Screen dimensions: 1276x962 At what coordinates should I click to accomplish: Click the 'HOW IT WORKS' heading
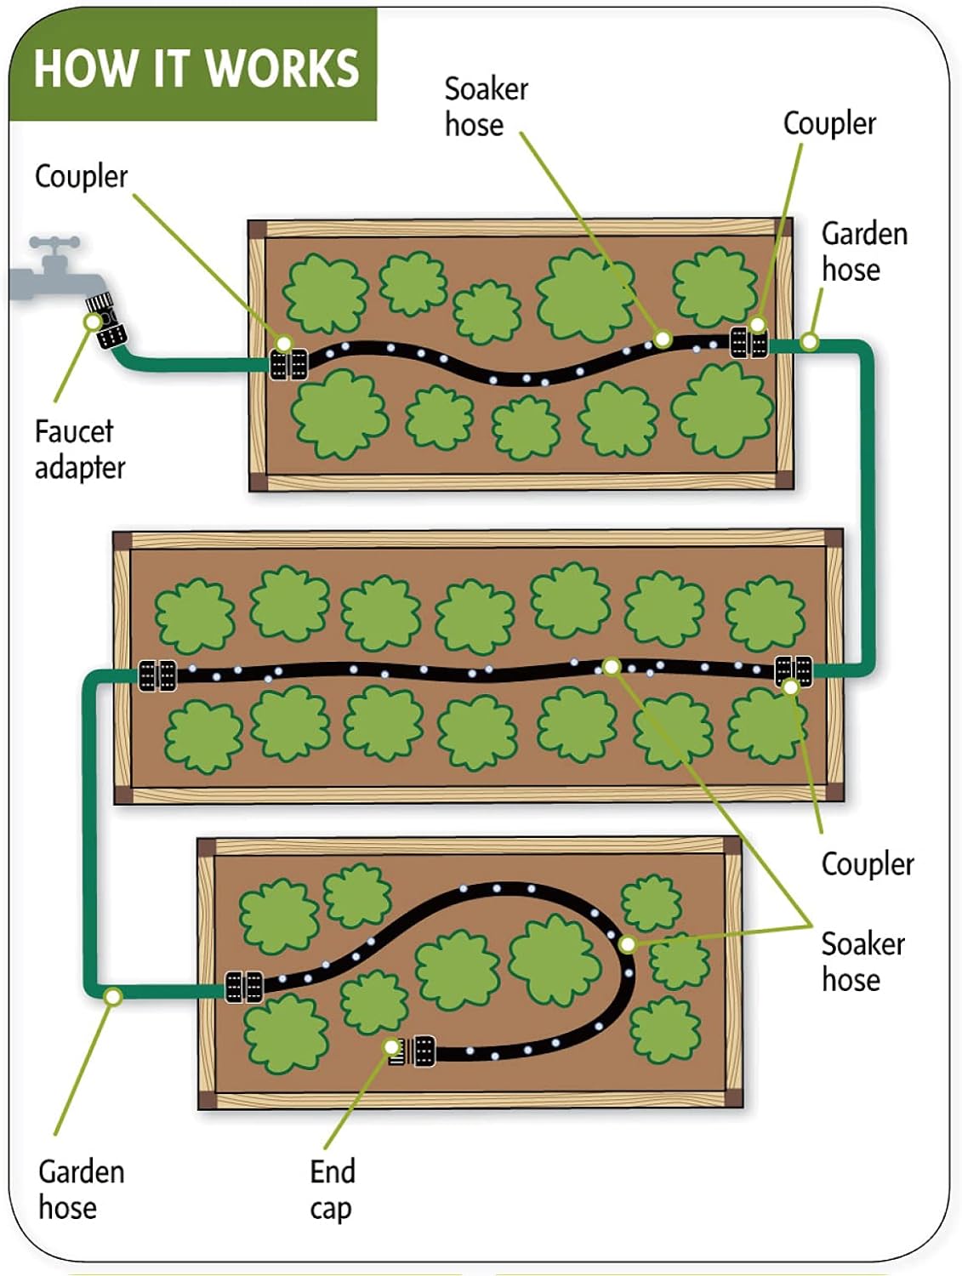tap(196, 68)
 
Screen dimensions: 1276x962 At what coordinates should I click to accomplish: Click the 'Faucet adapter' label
tap(79, 449)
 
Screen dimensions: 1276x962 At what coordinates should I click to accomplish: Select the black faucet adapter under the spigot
tap(109, 321)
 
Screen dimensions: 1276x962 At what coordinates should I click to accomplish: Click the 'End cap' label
tap(332, 1189)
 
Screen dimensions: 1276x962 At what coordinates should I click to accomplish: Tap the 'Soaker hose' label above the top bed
tap(486, 106)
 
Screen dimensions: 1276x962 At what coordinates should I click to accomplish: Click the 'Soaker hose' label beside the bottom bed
tap(862, 961)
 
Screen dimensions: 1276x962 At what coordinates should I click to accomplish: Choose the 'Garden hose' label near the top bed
tap(863, 251)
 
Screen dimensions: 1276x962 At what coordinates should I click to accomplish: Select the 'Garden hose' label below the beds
tap(81, 1189)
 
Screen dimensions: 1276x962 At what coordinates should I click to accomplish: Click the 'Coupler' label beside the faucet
tap(81, 176)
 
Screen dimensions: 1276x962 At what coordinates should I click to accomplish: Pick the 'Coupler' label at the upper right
tap(828, 123)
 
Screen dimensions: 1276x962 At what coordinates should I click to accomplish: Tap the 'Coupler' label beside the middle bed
tap(867, 863)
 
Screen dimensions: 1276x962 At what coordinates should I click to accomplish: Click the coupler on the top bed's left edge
tap(288, 364)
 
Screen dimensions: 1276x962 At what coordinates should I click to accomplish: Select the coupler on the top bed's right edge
tap(749, 343)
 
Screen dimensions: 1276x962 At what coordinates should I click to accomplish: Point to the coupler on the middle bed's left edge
tap(157, 675)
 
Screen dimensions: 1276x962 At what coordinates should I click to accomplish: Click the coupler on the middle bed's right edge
tap(793, 670)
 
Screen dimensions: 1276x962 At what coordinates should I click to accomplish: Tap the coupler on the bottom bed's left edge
tap(243, 987)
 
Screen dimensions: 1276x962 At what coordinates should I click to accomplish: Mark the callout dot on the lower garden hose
tap(112, 995)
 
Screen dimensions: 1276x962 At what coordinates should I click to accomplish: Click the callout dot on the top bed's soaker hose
tap(662, 339)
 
